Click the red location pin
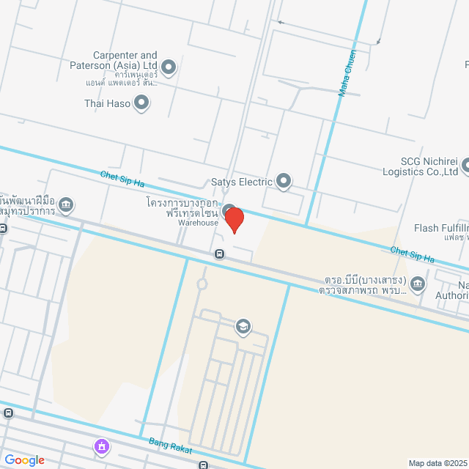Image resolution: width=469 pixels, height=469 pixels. [234, 219]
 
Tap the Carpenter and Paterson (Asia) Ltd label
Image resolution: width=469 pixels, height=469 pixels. [125, 61]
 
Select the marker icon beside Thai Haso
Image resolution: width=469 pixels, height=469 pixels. [141, 104]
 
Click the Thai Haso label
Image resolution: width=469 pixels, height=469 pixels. [107, 104]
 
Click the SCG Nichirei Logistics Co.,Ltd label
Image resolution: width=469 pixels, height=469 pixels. [419, 167]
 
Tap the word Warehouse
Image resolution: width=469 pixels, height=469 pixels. [198, 222]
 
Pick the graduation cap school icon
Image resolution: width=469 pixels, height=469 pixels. [243, 326]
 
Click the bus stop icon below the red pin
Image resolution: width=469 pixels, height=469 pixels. [219, 254]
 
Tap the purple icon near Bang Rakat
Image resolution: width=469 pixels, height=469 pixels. [101, 446]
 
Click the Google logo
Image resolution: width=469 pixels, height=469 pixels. [24, 460]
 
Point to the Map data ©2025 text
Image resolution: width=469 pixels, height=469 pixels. [437, 463]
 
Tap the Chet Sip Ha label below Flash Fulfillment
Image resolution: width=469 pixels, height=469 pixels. [412, 254]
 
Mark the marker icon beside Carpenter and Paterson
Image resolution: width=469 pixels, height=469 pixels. [169, 68]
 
